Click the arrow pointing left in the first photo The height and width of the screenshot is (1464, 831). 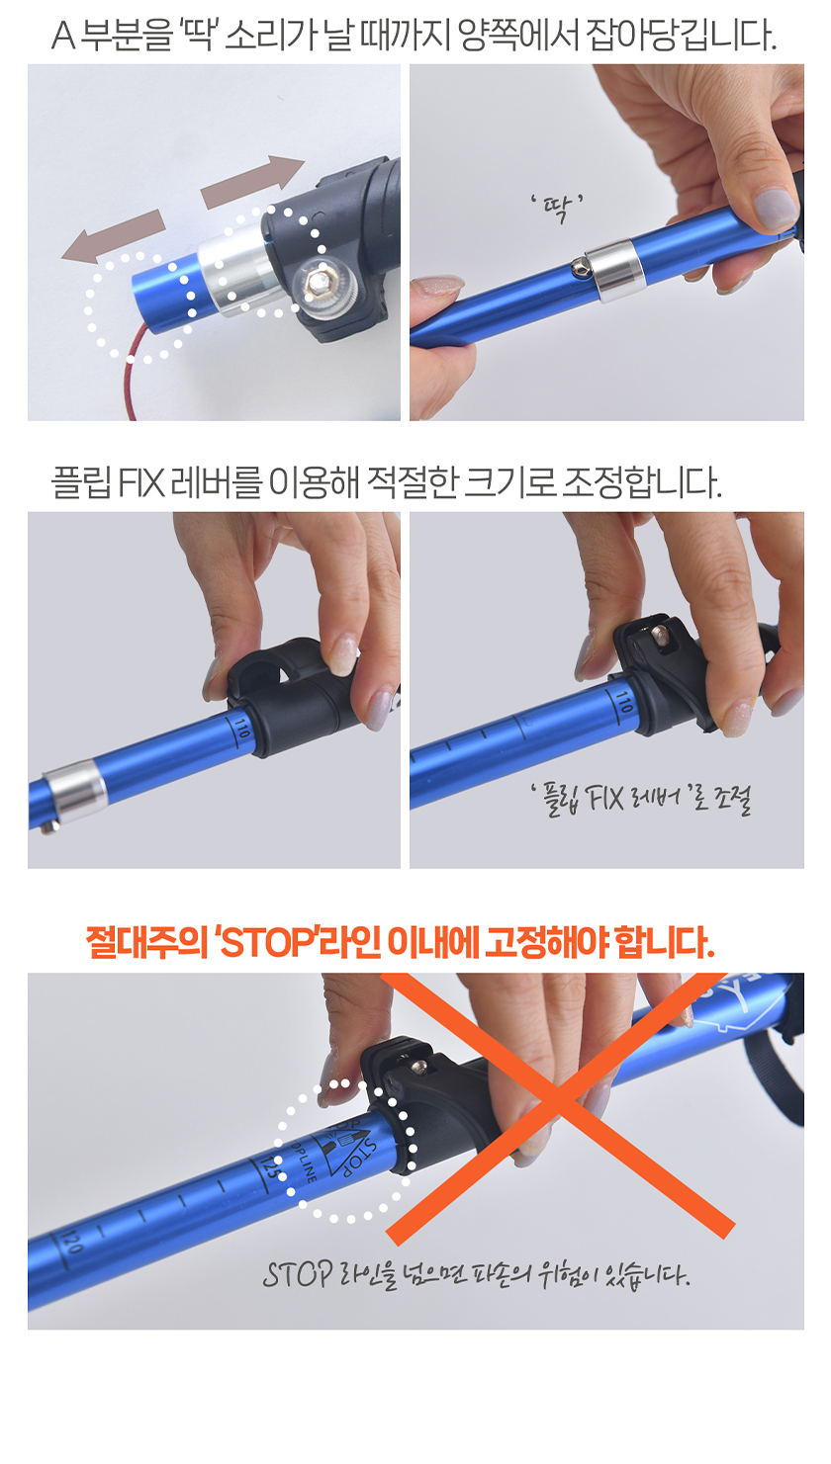[x=113, y=236]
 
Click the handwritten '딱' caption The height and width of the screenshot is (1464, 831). [x=557, y=208]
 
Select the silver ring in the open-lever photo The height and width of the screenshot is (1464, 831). [x=74, y=792]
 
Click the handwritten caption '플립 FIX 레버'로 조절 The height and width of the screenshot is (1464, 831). [x=641, y=800]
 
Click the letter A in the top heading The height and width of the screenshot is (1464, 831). [x=63, y=36]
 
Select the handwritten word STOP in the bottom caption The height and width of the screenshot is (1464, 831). [x=298, y=1274]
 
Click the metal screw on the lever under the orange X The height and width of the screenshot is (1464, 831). [x=418, y=1068]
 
